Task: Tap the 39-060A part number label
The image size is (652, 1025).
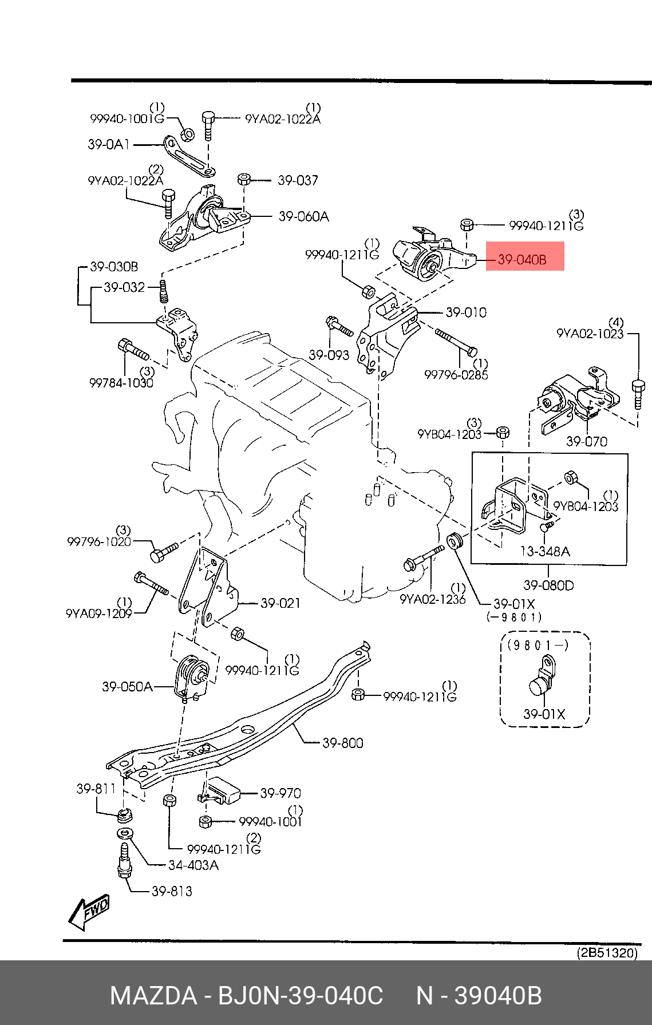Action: click(x=303, y=216)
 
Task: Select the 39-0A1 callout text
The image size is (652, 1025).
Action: click(x=108, y=144)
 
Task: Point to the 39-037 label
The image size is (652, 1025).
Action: click(x=298, y=180)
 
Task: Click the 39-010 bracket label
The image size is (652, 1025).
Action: click(x=466, y=312)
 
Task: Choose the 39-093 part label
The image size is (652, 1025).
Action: click(x=329, y=355)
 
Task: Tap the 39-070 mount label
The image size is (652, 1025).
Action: click(x=586, y=441)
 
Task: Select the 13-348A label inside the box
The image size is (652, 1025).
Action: click(x=544, y=551)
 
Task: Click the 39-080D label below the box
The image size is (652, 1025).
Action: click(x=548, y=585)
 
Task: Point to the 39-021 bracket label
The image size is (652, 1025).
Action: click(x=280, y=603)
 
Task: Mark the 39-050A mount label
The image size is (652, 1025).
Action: click(x=127, y=686)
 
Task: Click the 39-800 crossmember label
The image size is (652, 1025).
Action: click(x=342, y=743)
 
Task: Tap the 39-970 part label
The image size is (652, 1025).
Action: click(x=280, y=793)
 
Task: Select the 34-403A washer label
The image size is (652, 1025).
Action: click(x=193, y=865)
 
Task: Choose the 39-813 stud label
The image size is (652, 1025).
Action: click(x=172, y=891)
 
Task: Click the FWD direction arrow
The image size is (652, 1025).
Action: click(x=89, y=911)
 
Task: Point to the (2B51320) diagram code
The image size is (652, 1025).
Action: click(x=606, y=953)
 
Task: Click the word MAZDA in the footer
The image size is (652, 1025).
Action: click(x=153, y=996)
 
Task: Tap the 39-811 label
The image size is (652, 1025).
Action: click(x=96, y=789)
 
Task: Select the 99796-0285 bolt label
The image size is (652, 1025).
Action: click(x=456, y=375)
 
